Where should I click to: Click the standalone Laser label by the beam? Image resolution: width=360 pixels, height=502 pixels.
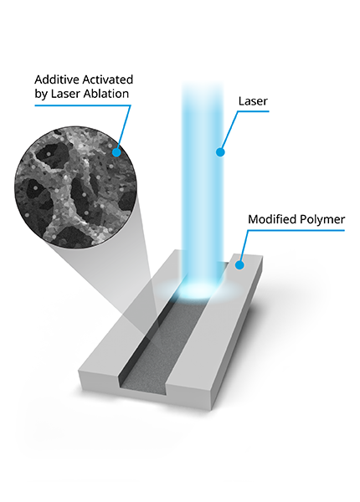(253, 101)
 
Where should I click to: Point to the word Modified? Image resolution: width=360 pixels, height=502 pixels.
(272, 219)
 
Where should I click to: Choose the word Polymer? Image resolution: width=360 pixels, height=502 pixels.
(322, 220)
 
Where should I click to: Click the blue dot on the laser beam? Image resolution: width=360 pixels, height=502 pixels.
(220, 152)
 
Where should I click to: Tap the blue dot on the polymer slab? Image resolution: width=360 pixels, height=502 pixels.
(239, 265)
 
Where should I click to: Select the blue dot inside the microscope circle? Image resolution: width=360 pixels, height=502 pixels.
(116, 152)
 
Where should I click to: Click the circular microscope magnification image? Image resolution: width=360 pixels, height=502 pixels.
(76, 187)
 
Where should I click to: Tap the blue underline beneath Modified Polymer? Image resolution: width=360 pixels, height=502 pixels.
(296, 230)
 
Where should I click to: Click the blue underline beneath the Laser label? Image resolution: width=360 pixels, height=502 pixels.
(253, 111)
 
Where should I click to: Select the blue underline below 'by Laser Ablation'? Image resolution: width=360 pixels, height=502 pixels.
(83, 105)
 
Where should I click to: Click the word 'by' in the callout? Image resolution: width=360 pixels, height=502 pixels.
(41, 94)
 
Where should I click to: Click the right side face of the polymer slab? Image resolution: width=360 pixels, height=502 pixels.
(237, 333)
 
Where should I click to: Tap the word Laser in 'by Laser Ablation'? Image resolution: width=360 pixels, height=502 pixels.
(65, 94)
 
